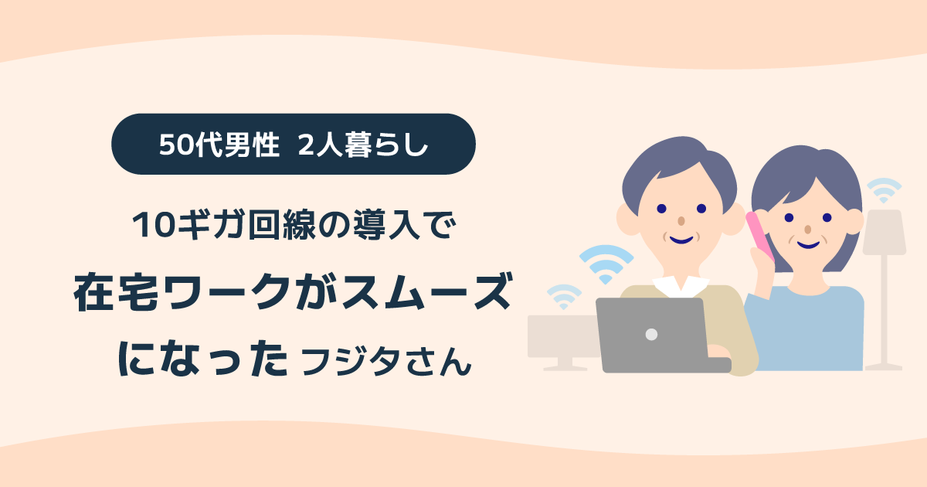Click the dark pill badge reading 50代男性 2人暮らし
pyautogui.click(x=293, y=144)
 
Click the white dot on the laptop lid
pyautogui.click(x=651, y=335)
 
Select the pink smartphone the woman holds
pyautogui.click(x=759, y=237)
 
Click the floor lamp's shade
pyautogui.click(x=884, y=231)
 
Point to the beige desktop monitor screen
pyautogui.click(x=560, y=336)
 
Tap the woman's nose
pyautogui.click(x=807, y=230)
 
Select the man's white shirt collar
pyautogui.click(x=674, y=284)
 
